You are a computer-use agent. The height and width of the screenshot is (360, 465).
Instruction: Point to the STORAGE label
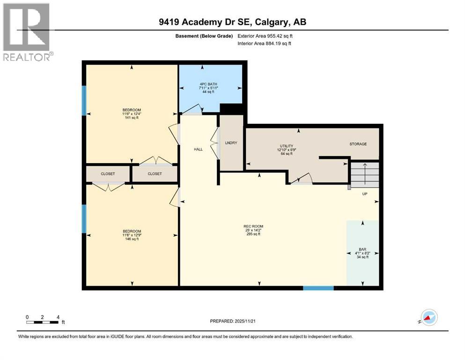(358, 144)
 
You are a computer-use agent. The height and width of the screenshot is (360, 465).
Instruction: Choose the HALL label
(199, 149)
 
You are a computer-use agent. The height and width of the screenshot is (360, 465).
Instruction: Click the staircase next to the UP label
(364, 173)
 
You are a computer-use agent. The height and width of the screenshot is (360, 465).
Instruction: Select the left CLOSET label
(108, 173)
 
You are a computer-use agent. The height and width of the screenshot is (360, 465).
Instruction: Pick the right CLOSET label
(155, 173)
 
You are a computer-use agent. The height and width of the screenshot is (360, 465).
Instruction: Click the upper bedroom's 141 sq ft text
(131, 118)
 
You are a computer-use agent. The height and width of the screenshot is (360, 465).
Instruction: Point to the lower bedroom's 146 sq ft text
(132, 239)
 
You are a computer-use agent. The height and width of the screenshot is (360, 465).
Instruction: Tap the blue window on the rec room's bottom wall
(318, 288)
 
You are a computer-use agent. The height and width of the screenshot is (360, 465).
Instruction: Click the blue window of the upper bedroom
(84, 100)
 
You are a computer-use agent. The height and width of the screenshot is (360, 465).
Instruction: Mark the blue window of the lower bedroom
(84, 219)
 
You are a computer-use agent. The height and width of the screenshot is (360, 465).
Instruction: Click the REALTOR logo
(27, 32)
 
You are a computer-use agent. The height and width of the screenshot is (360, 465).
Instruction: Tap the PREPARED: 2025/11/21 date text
(233, 321)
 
